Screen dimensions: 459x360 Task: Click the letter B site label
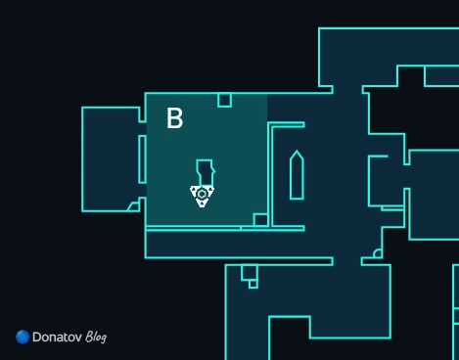coord(175,118)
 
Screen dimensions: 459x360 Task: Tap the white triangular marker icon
coord(202,196)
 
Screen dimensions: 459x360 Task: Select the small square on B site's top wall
coord(224,100)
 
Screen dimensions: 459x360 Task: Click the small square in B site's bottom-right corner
coord(260,220)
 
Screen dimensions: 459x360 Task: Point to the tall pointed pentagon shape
coord(297,175)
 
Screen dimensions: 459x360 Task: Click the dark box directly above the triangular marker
coord(206,173)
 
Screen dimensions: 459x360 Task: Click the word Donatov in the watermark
coord(57,337)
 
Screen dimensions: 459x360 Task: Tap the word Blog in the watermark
coord(96,337)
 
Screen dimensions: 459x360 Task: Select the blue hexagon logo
coord(23,337)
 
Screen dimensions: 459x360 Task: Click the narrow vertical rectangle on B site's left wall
coord(142,159)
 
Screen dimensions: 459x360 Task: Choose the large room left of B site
coord(111,159)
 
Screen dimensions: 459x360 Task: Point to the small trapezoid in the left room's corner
coord(133,206)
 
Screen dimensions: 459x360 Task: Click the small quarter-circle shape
coord(378,253)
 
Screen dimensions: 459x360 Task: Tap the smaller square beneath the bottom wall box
coord(253,285)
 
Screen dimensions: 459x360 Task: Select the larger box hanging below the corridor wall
coord(250,272)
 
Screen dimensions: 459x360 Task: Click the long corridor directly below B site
coord(238,245)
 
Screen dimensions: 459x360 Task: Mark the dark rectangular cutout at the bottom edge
coord(290,337)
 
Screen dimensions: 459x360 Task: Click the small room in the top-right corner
coord(441,76)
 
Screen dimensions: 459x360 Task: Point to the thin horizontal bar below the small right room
coord(392,208)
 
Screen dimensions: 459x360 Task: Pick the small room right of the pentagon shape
coord(387,181)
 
